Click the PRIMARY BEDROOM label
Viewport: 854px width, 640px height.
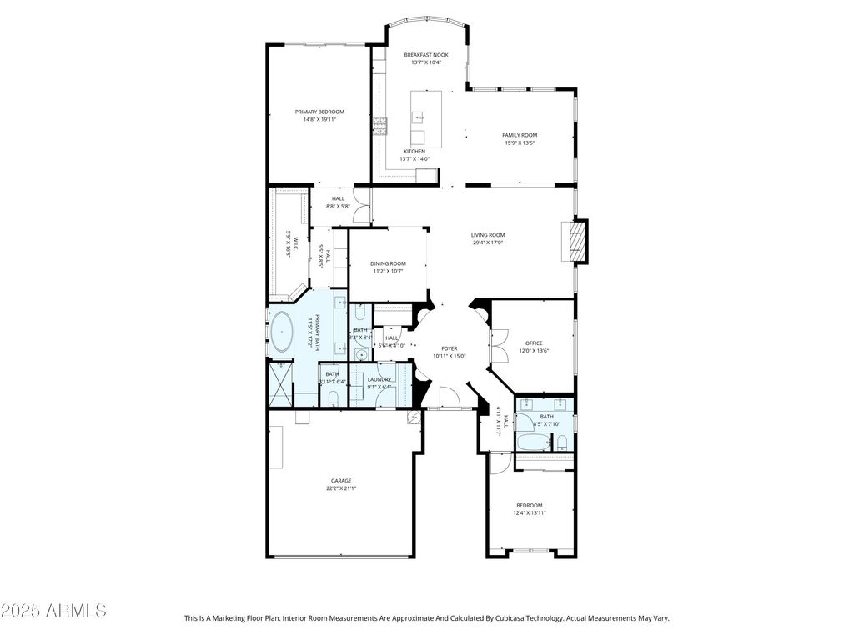pyautogui.click(x=319, y=112)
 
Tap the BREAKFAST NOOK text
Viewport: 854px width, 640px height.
pyautogui.click(x=426, y=55)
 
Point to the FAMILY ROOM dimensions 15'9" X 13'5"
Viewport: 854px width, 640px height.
pyautogui.click(x=519, y=142)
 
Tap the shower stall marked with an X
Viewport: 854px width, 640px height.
pyautogui.click(x=281, y=386)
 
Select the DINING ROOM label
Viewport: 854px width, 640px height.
pyautogui.click(x=388, y=263)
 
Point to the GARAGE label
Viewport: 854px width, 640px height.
pyautogui.click(x=341, y=481)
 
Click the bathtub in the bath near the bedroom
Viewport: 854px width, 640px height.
pyautogui.click(x=533, y=442)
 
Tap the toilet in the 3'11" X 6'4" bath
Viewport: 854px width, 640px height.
pyautogui.click(x=333, y=400)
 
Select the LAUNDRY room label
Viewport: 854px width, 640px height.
pyautogui.click(x=379, y=379)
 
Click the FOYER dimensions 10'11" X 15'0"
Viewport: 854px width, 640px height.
pyautogui.click(x=450, y=356)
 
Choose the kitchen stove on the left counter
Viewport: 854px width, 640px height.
pyautogui.click(x=380, y=126)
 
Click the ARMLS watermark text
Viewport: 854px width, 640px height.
pyautogui.click(x=53, y=611)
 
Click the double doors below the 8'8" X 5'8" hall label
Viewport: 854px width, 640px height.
pyautogui.click(x=361, y=206)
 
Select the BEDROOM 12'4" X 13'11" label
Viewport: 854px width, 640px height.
pyautogui.click(x=529, y=506)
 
